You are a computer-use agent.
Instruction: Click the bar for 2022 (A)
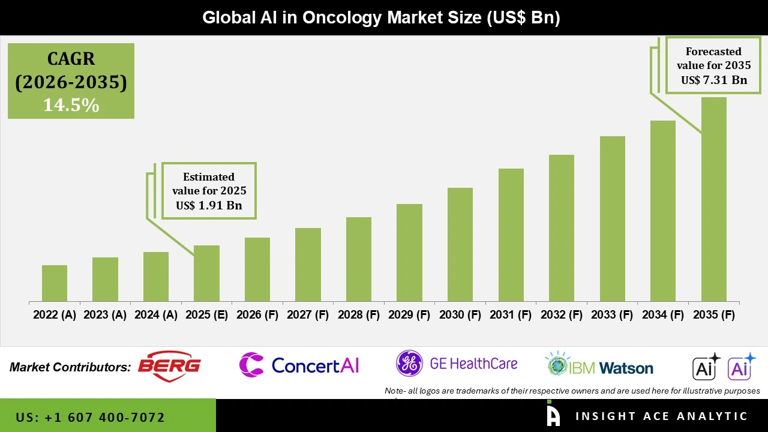(55, 283)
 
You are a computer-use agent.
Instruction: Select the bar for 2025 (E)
(206, 273)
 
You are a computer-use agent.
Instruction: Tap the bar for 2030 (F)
(460, 244)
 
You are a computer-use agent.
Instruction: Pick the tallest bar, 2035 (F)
(714, 199)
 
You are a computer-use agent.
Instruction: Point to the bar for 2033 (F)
(613, 218)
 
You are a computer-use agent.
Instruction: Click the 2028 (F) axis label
(359, 315)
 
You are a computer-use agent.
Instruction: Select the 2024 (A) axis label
(156, 315)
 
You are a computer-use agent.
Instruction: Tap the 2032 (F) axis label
(562, 315)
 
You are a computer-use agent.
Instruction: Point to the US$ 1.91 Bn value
(209, 205)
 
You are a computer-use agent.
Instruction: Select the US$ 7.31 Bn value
(713, 80)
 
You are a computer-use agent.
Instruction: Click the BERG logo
(170, 365)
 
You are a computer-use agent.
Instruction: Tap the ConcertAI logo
(299, 365)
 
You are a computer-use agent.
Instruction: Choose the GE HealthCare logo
(457, 364)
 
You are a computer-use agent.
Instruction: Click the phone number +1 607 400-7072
(91, 417)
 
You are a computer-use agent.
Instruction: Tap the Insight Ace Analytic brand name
(661, 416)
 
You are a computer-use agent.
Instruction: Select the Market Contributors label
(70, 367)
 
